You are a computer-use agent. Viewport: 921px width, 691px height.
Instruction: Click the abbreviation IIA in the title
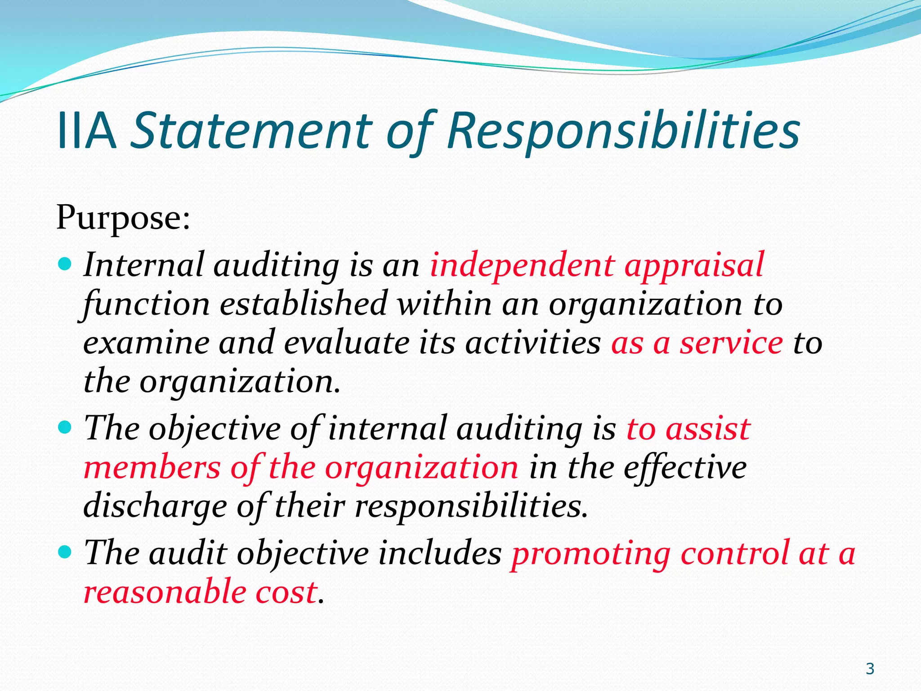[86, 131]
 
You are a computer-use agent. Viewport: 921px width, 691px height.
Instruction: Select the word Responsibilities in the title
[623, 131]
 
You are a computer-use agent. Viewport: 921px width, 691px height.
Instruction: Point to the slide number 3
[870, 669]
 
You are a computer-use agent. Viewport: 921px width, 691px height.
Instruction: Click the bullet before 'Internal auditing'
[65, 264]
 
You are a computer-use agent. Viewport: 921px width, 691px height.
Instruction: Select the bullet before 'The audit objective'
[65, 551]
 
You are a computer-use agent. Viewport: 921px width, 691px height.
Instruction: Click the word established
[304, 304]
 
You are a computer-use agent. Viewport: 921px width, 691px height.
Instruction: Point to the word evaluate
[347, 343]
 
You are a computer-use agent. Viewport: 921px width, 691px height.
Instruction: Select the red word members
[152, 468]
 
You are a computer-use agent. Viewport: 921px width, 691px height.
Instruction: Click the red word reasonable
[165, 592]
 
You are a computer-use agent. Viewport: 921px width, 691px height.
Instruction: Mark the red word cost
[286, 592]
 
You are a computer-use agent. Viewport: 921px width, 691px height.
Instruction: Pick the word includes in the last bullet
[439, 553]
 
